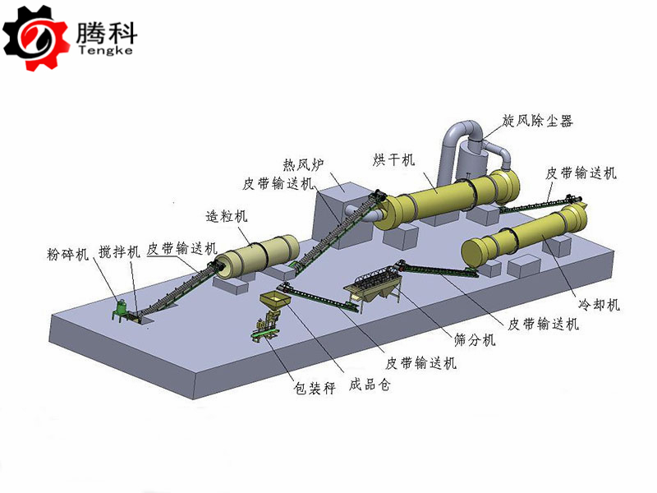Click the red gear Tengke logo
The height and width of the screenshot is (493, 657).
coord(35,37)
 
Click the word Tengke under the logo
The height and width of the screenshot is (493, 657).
coord(106,51)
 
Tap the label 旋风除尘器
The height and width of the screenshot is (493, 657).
coord(538,121)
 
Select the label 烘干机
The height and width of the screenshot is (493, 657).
coord(393,159)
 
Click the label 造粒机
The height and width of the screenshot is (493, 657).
coord(227,216)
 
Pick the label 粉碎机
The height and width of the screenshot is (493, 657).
coord(68,253)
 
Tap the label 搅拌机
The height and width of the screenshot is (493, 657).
coord(119,252)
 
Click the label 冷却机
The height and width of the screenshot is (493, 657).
coord(600,304)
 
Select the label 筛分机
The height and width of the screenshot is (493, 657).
coord(476,339)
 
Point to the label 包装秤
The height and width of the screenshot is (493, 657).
coord(315,388)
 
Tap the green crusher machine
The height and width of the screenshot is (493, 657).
coord(121,310)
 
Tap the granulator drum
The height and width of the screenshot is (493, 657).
coord(259,256)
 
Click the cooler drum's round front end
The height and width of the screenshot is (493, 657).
coord(475,252)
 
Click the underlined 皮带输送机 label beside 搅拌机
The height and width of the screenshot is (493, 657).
coord(181,249)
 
